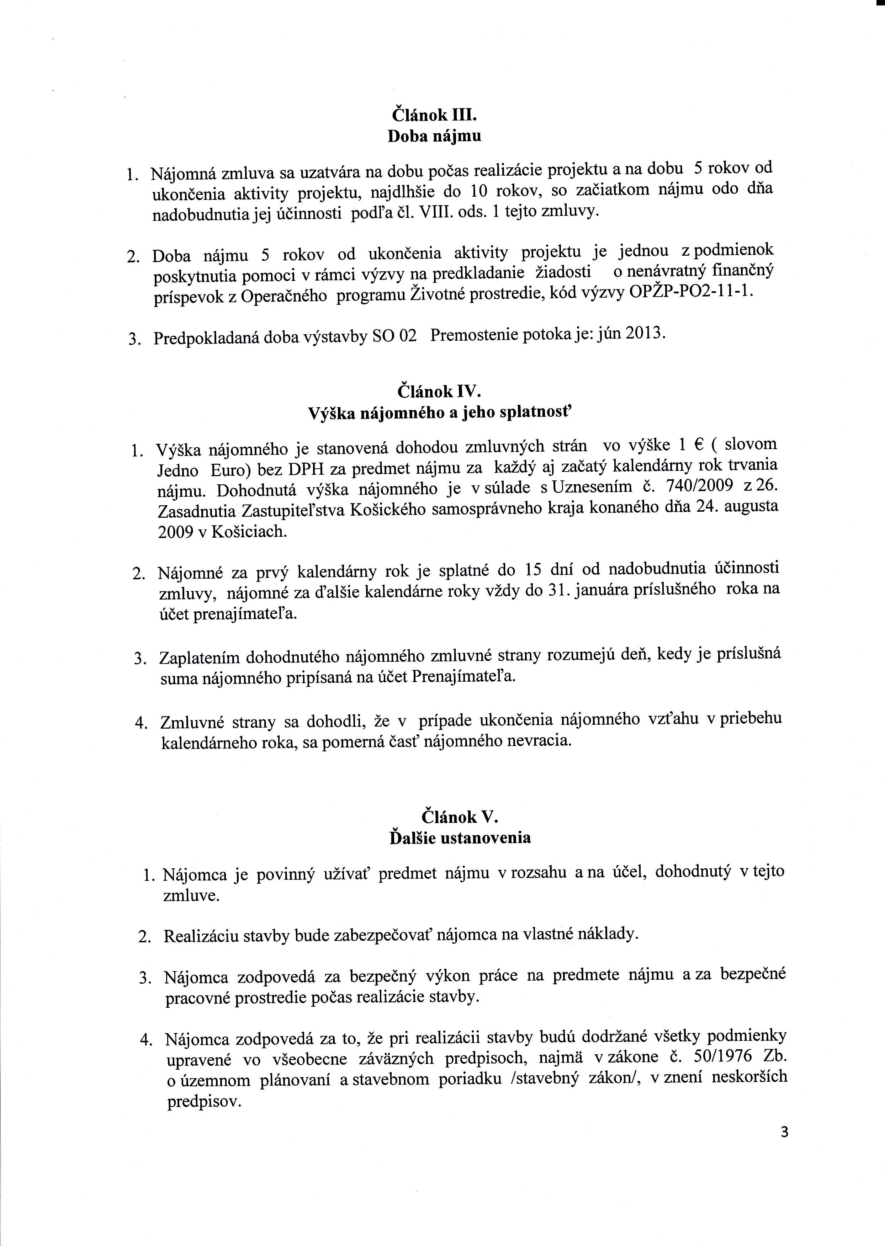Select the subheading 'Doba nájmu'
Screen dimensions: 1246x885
point(434,136)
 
